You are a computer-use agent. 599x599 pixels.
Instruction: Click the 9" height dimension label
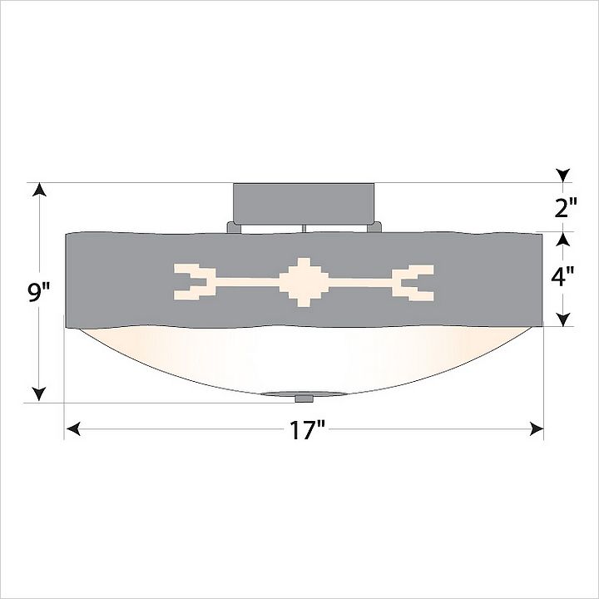coord(39,293)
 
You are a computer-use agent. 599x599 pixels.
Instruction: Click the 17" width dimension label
coord(306,430)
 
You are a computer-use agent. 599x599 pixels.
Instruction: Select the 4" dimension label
coord(562,276)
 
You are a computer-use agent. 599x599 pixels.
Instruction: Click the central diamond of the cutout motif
coord(304,282)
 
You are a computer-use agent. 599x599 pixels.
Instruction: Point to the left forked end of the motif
coord(195,282)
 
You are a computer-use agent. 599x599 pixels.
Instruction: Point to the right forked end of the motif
coord(413,283)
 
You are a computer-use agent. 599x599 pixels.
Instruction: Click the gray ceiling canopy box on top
coord(304,204)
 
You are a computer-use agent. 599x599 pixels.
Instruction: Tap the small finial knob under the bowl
coord(304,399)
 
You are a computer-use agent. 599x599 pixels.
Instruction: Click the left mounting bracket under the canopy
coord(234,227)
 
